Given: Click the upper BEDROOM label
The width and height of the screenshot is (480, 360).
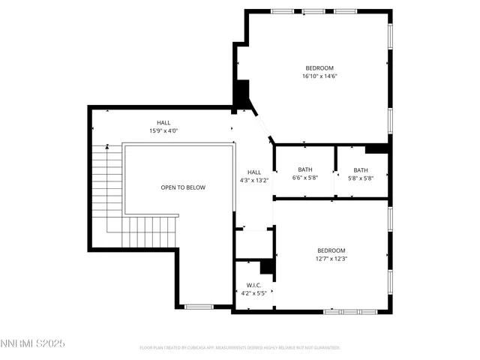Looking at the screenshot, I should coord(319,67).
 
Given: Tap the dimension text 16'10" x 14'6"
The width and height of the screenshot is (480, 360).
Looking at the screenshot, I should coord(319,76).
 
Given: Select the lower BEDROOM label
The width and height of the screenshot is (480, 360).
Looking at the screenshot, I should coord(331,250).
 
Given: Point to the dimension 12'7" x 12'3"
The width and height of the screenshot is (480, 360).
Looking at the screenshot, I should coord(331,259).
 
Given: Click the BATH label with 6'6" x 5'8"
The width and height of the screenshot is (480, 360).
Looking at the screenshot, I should coord(304,169).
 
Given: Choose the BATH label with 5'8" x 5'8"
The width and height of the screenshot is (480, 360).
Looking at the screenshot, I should coord(361,169).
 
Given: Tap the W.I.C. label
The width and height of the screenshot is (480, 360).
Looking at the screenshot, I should coord(253,285).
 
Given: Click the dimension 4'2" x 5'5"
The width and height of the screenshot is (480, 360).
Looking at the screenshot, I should coord(253,293).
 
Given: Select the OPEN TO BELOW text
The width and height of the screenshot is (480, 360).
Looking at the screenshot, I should coord(182,187).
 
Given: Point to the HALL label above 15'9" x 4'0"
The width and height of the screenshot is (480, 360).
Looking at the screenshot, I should coord(163,122).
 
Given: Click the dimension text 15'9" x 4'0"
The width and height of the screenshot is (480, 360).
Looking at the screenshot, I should coord(163,130).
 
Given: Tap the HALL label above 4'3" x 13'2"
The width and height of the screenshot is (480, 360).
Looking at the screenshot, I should coord(254,171).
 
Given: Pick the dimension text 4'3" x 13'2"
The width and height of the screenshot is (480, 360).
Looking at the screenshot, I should coord(254,180).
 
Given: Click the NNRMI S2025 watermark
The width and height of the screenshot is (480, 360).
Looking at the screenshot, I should coord(33,343).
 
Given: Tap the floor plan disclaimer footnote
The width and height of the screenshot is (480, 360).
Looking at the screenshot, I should coord(240,348).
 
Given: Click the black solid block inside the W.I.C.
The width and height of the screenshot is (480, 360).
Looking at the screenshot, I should coord(266,267).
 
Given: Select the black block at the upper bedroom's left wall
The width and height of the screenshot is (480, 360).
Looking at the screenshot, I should coord(241,94).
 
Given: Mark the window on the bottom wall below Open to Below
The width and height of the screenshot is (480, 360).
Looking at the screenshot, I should coord(199,306).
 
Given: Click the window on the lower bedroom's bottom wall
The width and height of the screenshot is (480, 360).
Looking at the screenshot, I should coord(349,310).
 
